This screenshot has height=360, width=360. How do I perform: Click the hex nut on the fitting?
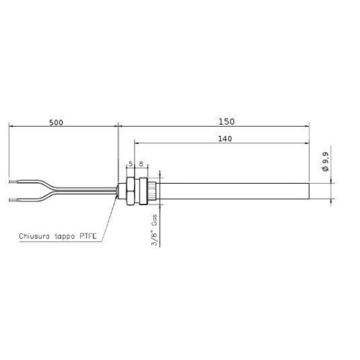131,189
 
